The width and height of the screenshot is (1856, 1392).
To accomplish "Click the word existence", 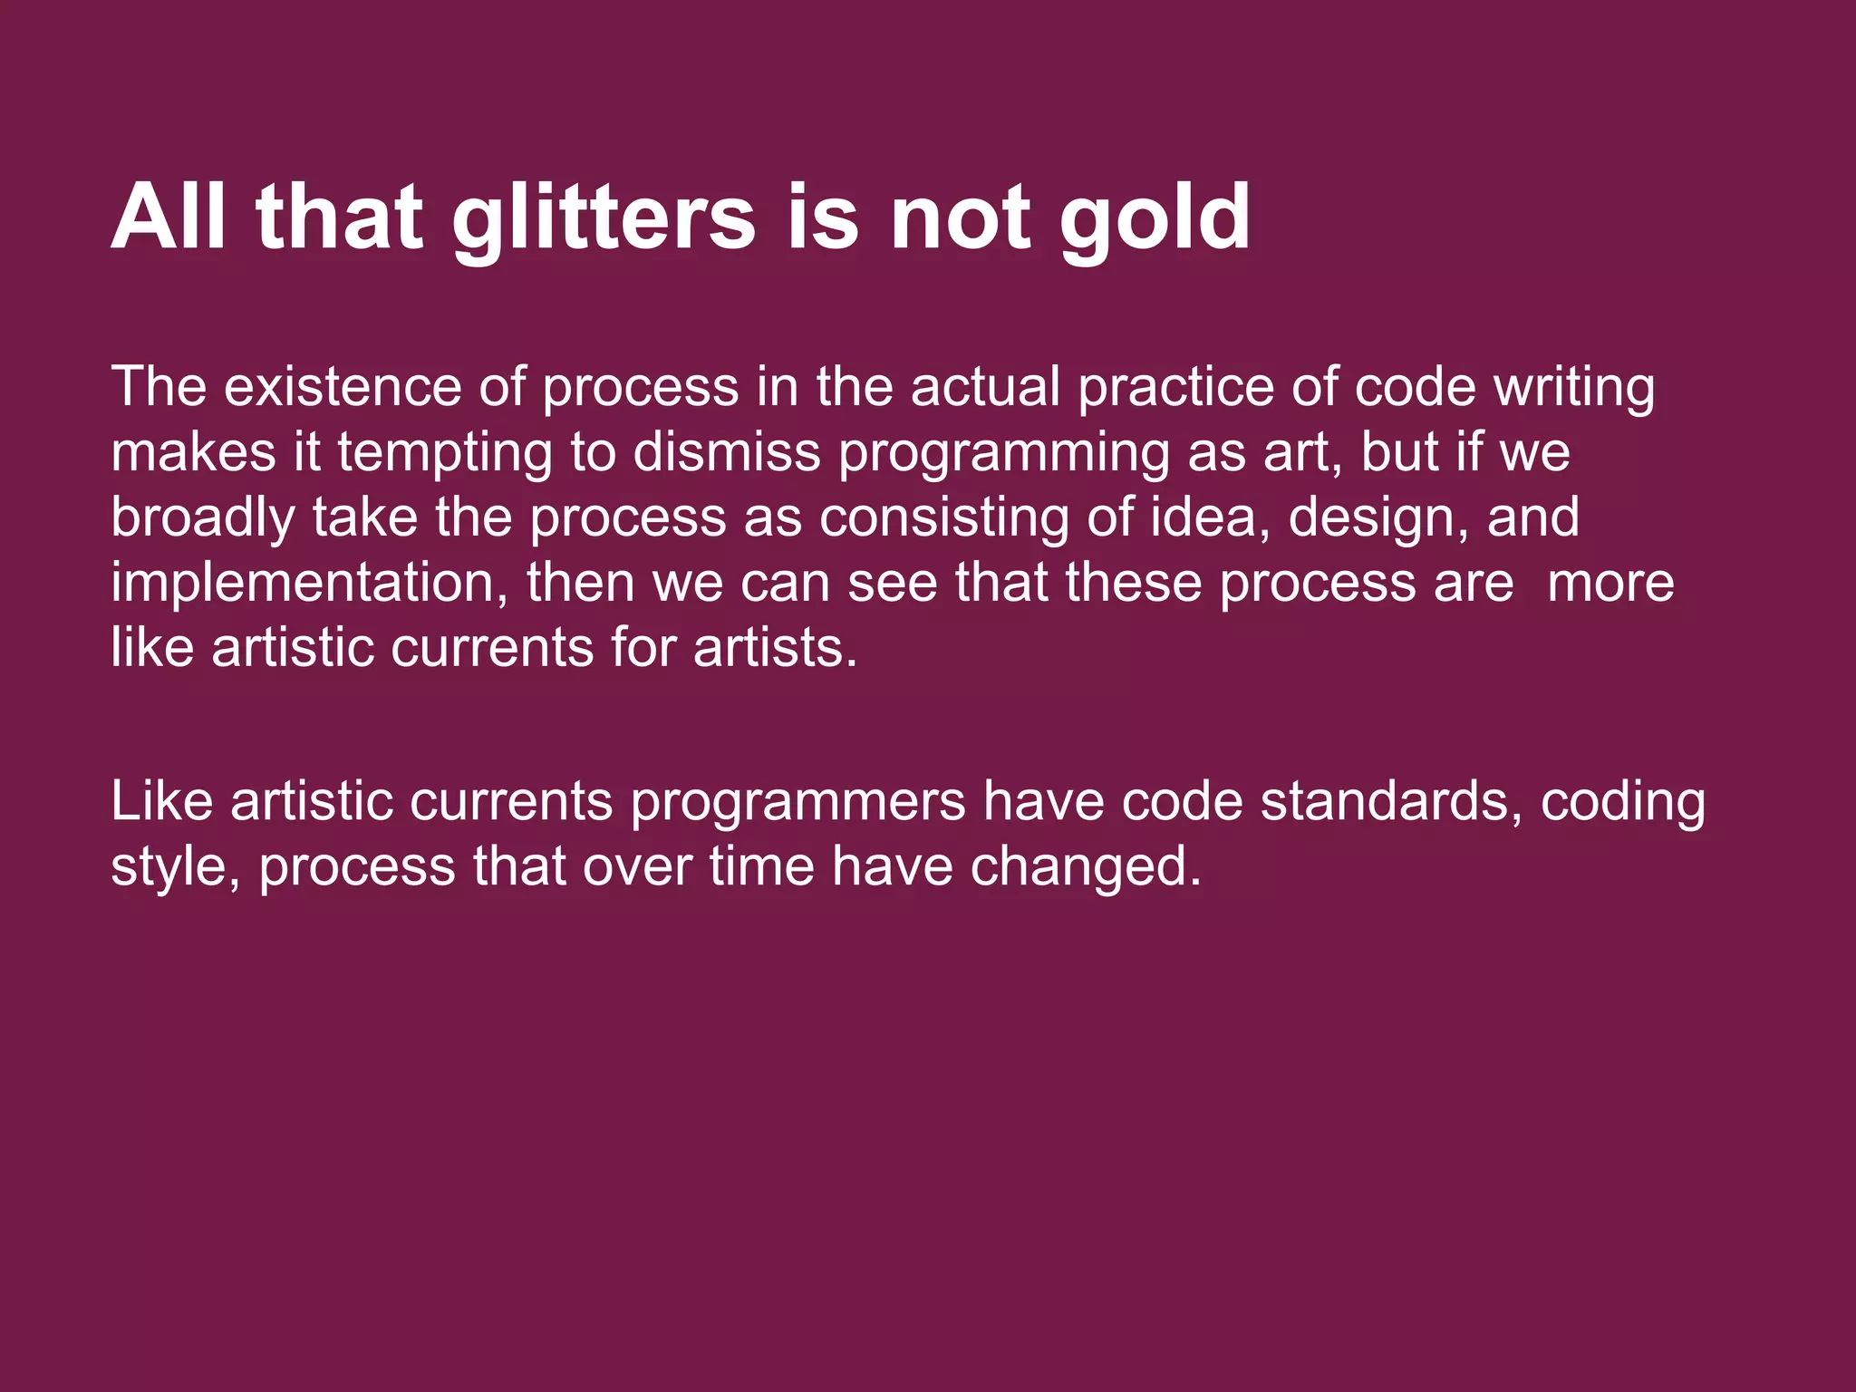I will coord(342,387).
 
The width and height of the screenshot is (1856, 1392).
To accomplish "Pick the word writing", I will coord(1574,387).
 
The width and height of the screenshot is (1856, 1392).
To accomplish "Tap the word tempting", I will coord(445,452).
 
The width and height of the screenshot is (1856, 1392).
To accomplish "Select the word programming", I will coord(1003,452).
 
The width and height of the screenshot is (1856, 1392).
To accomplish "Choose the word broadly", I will coord(203,517).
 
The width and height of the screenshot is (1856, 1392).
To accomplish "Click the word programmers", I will coord(798,802).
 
